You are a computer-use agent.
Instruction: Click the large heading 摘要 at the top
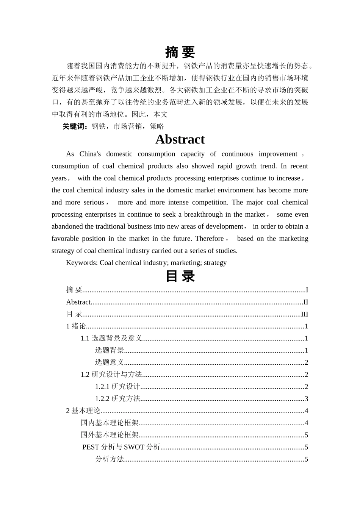(180, 52)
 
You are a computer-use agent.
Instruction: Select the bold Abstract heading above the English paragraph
(180, 139)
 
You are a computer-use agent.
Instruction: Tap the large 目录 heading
(180, 276)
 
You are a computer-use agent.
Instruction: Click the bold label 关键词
(75, 126)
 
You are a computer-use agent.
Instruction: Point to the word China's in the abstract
(90, 154)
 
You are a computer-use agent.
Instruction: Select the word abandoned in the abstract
(67, 227)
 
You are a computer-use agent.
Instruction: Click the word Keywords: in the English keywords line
(82, 263)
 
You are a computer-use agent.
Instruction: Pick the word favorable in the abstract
(65, 239)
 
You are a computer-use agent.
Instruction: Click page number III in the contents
(304, 314)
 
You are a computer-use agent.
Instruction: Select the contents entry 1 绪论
(76, 326)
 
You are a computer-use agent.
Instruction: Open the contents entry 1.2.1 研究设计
(117, 387)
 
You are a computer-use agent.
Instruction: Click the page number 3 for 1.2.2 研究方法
(306, 399)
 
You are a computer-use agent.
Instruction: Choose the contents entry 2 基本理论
(83, 411)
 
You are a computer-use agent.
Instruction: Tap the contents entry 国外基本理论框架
(110, 435)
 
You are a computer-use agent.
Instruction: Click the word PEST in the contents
(91, 447)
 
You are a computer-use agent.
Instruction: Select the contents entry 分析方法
(110, 459)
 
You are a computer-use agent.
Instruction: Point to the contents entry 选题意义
(110, 362)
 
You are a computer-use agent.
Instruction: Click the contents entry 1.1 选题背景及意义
(111, 339)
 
